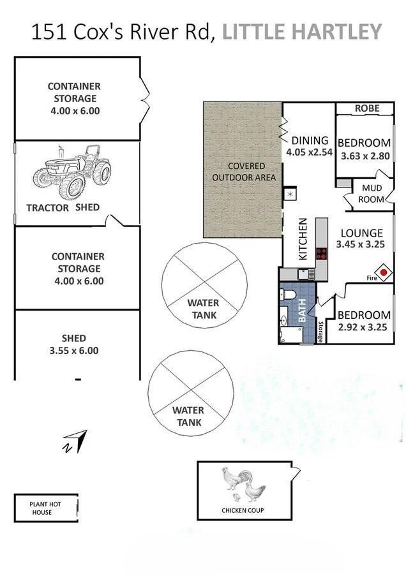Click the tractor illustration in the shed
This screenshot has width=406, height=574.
(x=72, y=172)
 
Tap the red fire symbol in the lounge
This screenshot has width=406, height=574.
(x=384, y=272)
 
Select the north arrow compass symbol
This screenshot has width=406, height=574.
(x=75, y=441)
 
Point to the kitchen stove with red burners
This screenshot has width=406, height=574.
(x=321, y=254)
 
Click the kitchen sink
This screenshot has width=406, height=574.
(x=305, y=274)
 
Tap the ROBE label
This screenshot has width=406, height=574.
(x=367, y=108)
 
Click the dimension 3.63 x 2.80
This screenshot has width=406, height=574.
(x=365, y=156)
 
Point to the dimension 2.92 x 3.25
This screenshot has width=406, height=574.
(x=363, y=327)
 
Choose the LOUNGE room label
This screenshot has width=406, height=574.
(x=362, y=233)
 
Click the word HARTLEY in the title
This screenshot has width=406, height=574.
(x=337, y=31)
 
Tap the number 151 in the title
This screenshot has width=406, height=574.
(x=49, y=31)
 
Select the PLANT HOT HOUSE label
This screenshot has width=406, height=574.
(x=45, y=508)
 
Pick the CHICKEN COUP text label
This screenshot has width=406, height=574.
(x=243, y=510)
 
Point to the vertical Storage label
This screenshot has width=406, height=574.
(x=320, y=332)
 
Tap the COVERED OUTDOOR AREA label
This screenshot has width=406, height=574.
(x=244, y=172)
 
